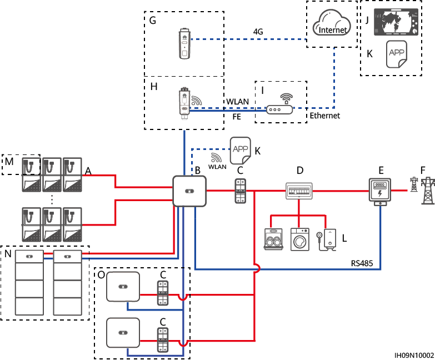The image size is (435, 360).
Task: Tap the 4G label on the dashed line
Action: click(258, 32)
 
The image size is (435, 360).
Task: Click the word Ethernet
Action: click(324, 116)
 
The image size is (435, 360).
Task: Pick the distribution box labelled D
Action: click(299, 191)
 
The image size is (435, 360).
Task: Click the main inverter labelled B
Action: click(189, 191)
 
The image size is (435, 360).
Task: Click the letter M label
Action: click(8, 161)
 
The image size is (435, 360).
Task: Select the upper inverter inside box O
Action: click(123, 288)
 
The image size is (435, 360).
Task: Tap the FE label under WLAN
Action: click(236, 116)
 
